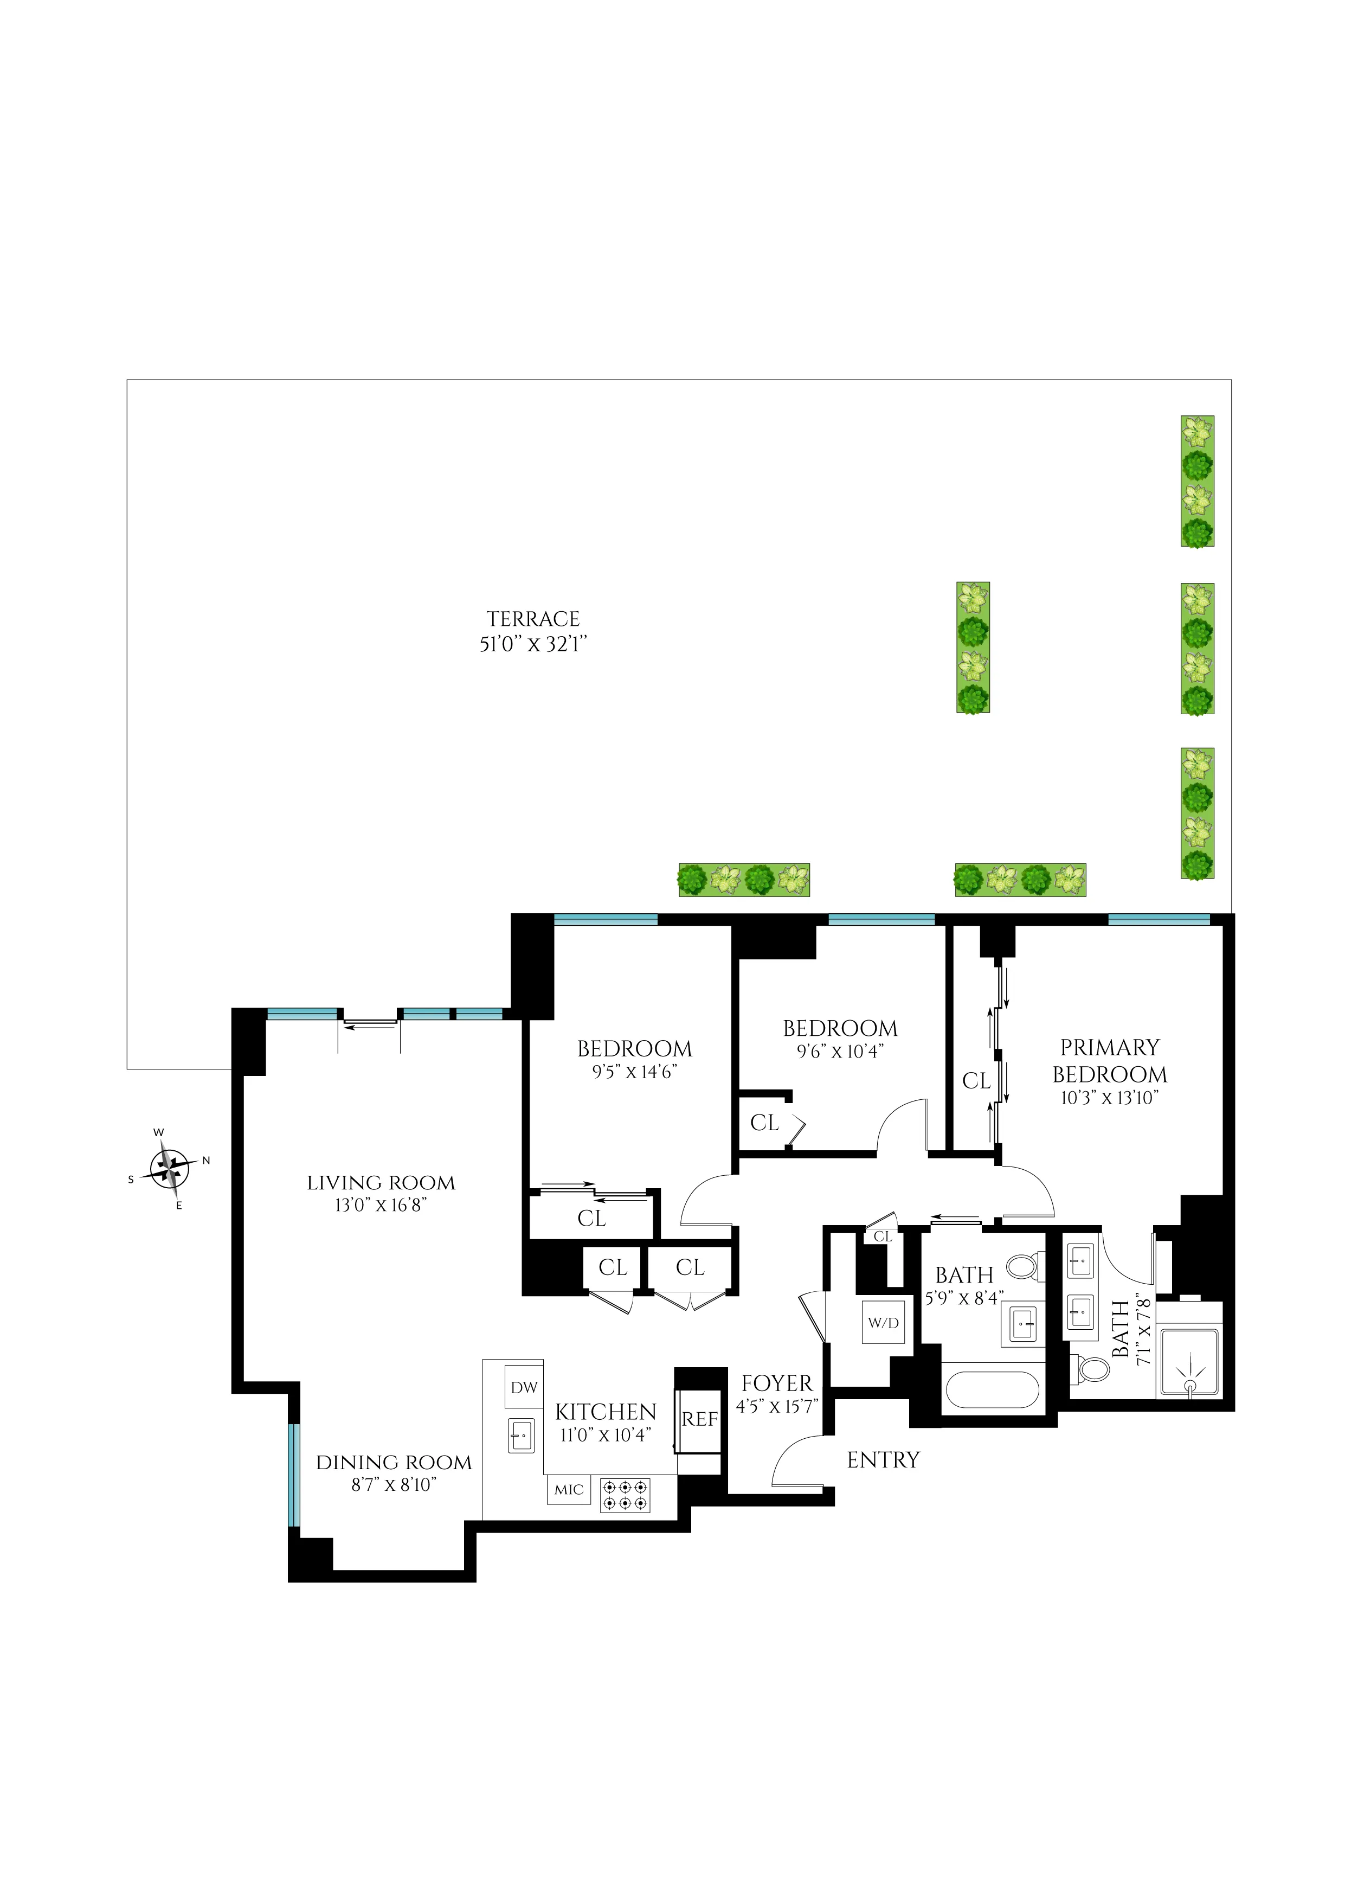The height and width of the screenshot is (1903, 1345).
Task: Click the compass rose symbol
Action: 170,1169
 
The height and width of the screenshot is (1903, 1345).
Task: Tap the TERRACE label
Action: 533,619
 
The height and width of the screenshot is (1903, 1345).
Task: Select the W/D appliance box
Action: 883,1323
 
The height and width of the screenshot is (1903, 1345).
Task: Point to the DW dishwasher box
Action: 524,1387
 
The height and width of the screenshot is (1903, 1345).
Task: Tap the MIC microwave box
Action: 569,1489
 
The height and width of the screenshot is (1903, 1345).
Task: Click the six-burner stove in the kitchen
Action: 625,1495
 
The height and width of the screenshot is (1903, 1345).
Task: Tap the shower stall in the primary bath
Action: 1189,1363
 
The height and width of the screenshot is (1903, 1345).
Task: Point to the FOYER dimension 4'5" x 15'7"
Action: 776,1406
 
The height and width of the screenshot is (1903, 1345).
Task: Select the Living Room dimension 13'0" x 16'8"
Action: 381,1205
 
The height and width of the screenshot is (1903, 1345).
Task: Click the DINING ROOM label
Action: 394,1463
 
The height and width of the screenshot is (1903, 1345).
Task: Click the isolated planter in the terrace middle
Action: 973,648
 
